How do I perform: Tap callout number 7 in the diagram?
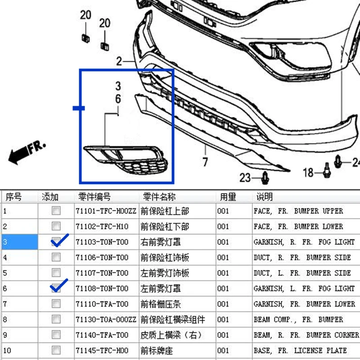coord(205,162)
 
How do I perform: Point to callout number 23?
coord(245,178)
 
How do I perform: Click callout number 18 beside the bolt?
coord(308,172)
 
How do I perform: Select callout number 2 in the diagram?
coord(119,61)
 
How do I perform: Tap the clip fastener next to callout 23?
coord(265,178)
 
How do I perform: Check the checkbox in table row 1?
coord(56,211)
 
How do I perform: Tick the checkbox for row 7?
coord(56,303)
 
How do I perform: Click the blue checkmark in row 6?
coord(59,285)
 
